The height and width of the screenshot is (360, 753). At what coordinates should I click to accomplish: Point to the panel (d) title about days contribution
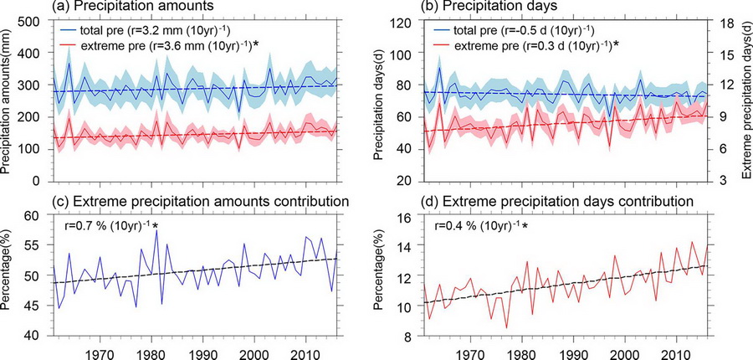point(561,201)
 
